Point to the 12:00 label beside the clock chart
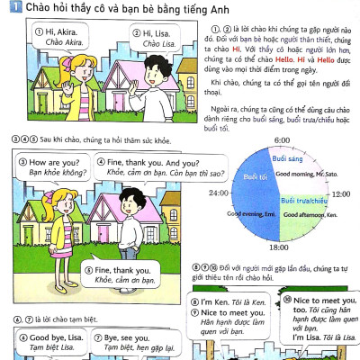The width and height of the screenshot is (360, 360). pos(342,193)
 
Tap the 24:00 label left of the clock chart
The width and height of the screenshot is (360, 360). pos(219,193)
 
